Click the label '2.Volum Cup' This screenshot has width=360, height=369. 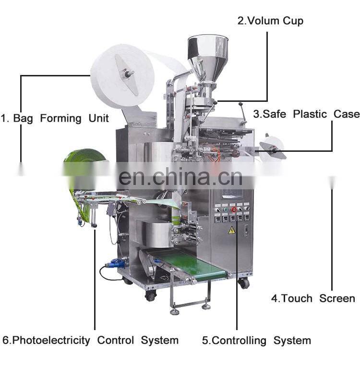tap(271, 21)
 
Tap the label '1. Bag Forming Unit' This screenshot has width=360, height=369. tap(54, 118)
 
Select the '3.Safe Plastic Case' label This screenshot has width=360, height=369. tap(306, 114)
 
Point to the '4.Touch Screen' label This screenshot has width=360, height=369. tap(313, 298)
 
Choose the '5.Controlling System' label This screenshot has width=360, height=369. tap(256, 341)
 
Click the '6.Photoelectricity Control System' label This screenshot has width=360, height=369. tap(91, 341)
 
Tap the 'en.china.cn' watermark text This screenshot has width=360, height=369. tap(180, 177)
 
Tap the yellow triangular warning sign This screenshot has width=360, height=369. tap(232, 230)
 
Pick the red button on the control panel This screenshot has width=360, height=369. tap(234, 209)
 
